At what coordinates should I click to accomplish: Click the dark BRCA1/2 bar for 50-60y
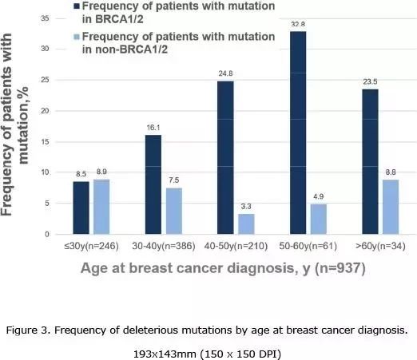click(x=298, y=133)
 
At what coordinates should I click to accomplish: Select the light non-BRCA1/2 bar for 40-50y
click(x=246, y=224)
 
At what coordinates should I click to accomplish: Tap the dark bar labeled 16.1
click(x=153, y=184)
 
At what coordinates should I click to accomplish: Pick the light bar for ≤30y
click(x=101, y=207)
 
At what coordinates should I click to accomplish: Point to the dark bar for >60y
click(x=370, y=162)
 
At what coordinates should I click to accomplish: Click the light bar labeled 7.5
click(x=174, y=211)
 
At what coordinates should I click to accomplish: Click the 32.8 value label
click(x=298, y=25)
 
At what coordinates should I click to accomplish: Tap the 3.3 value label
click(x=246, y=207)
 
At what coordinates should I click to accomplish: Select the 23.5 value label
click(x=370, y=82)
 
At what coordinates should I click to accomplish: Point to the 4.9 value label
click(x=319, y=196)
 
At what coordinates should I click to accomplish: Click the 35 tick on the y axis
click(x=45, y=18)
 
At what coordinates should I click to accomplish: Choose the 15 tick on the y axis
click(x=45, y=142)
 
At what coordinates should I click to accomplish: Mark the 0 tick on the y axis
click(x=47, y=235)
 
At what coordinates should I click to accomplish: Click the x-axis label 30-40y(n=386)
click(x=164, y=246)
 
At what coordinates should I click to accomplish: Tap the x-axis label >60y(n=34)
click(x=380, y=246)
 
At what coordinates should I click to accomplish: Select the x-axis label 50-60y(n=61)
click(x=308, y=246)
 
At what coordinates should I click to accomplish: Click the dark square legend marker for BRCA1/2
click(x=77, y=6)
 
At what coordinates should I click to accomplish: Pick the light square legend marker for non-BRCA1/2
click(x=77, y=37)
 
